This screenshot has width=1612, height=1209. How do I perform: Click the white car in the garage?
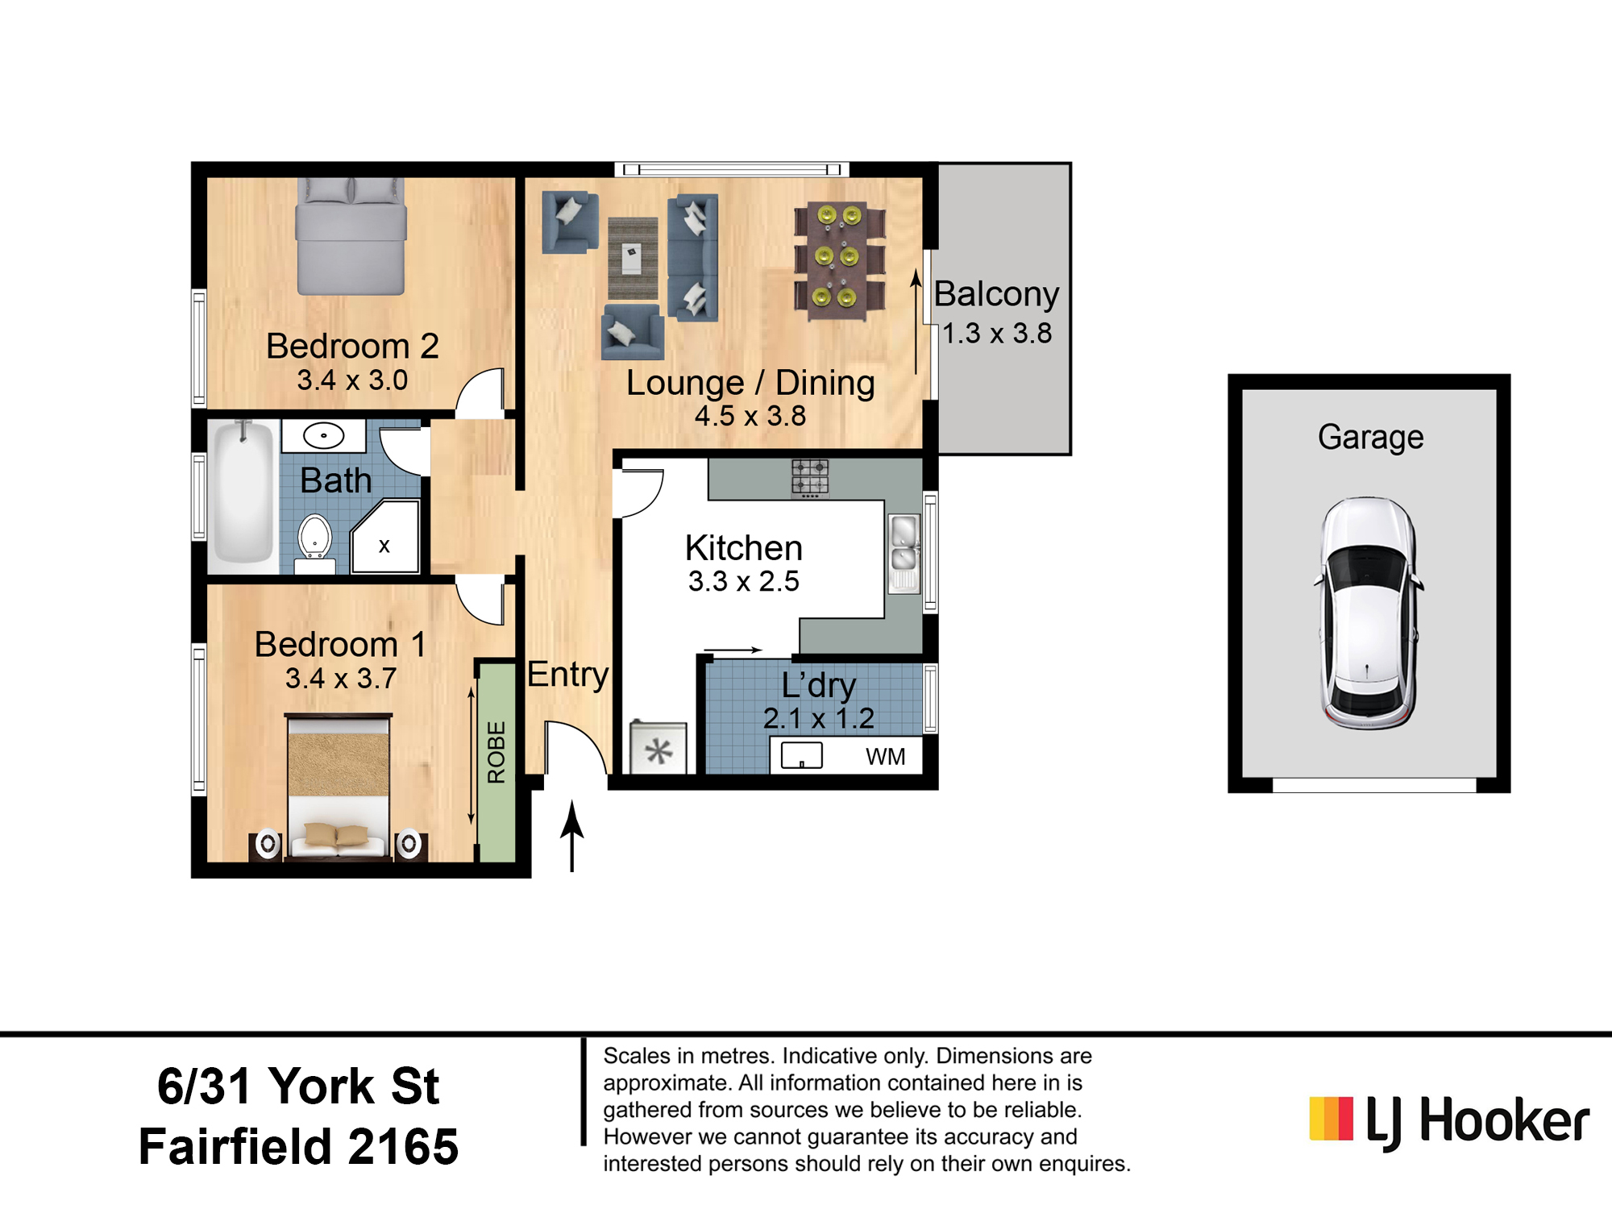coord(1368,613)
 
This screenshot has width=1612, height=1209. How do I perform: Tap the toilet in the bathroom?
coord(315,541)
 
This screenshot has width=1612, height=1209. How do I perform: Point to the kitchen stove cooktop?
coord(810,477)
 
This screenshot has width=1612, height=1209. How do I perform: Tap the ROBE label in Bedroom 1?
coord(496,752)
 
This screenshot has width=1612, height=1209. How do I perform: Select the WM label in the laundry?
coord(886,756)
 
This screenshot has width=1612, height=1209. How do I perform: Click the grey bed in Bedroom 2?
coord(351,236)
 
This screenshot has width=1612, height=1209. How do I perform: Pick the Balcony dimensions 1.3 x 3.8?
coord(997,333)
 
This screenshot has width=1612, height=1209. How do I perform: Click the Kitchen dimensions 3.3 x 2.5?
coord(743,581)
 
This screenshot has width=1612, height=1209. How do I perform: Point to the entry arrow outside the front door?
coord(572,836)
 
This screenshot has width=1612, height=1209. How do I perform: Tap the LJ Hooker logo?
coord(1448,1120)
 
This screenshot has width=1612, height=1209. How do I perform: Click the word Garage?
coord(1370,437)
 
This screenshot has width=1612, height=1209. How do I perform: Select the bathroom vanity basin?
coord(324,435)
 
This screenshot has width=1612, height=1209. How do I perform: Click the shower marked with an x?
coord(385,537)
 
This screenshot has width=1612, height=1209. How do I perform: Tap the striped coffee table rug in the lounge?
coord(633,258)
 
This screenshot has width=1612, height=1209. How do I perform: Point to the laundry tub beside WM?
coord(802,756)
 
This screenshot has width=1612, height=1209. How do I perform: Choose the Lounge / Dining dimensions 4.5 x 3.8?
coord(750,416)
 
